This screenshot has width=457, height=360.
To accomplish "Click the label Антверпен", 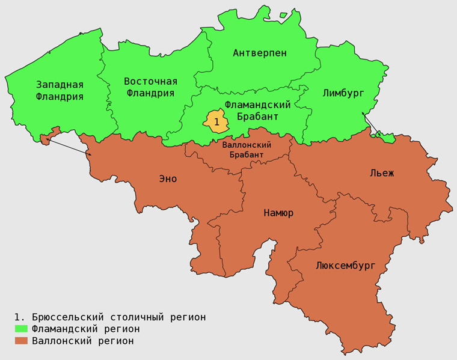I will tap(260, 53).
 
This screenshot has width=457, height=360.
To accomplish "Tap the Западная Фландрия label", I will tap(60, 90).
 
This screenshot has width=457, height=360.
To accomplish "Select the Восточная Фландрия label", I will tap(150, 87).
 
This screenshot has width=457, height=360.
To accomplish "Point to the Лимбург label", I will tap(343, 93).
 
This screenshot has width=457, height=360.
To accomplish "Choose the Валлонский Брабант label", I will tap(247, 150).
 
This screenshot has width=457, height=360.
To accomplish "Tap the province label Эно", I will tap(168, 178).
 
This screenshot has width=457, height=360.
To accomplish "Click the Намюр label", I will tap(278, 213).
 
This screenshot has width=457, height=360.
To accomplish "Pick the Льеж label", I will tap(382, 174).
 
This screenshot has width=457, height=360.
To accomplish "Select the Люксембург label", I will tap(345, 265).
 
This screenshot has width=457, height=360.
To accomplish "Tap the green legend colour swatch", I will tap(22, 329).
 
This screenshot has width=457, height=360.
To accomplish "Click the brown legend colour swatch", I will tap(22, 341).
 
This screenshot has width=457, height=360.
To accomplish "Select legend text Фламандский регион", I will tap(86, 329).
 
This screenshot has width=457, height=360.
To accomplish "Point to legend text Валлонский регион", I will tap(83, 341).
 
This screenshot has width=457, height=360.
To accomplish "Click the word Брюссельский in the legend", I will tap(66, 317).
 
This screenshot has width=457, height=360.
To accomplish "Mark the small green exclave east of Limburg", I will tap(385, 138).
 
